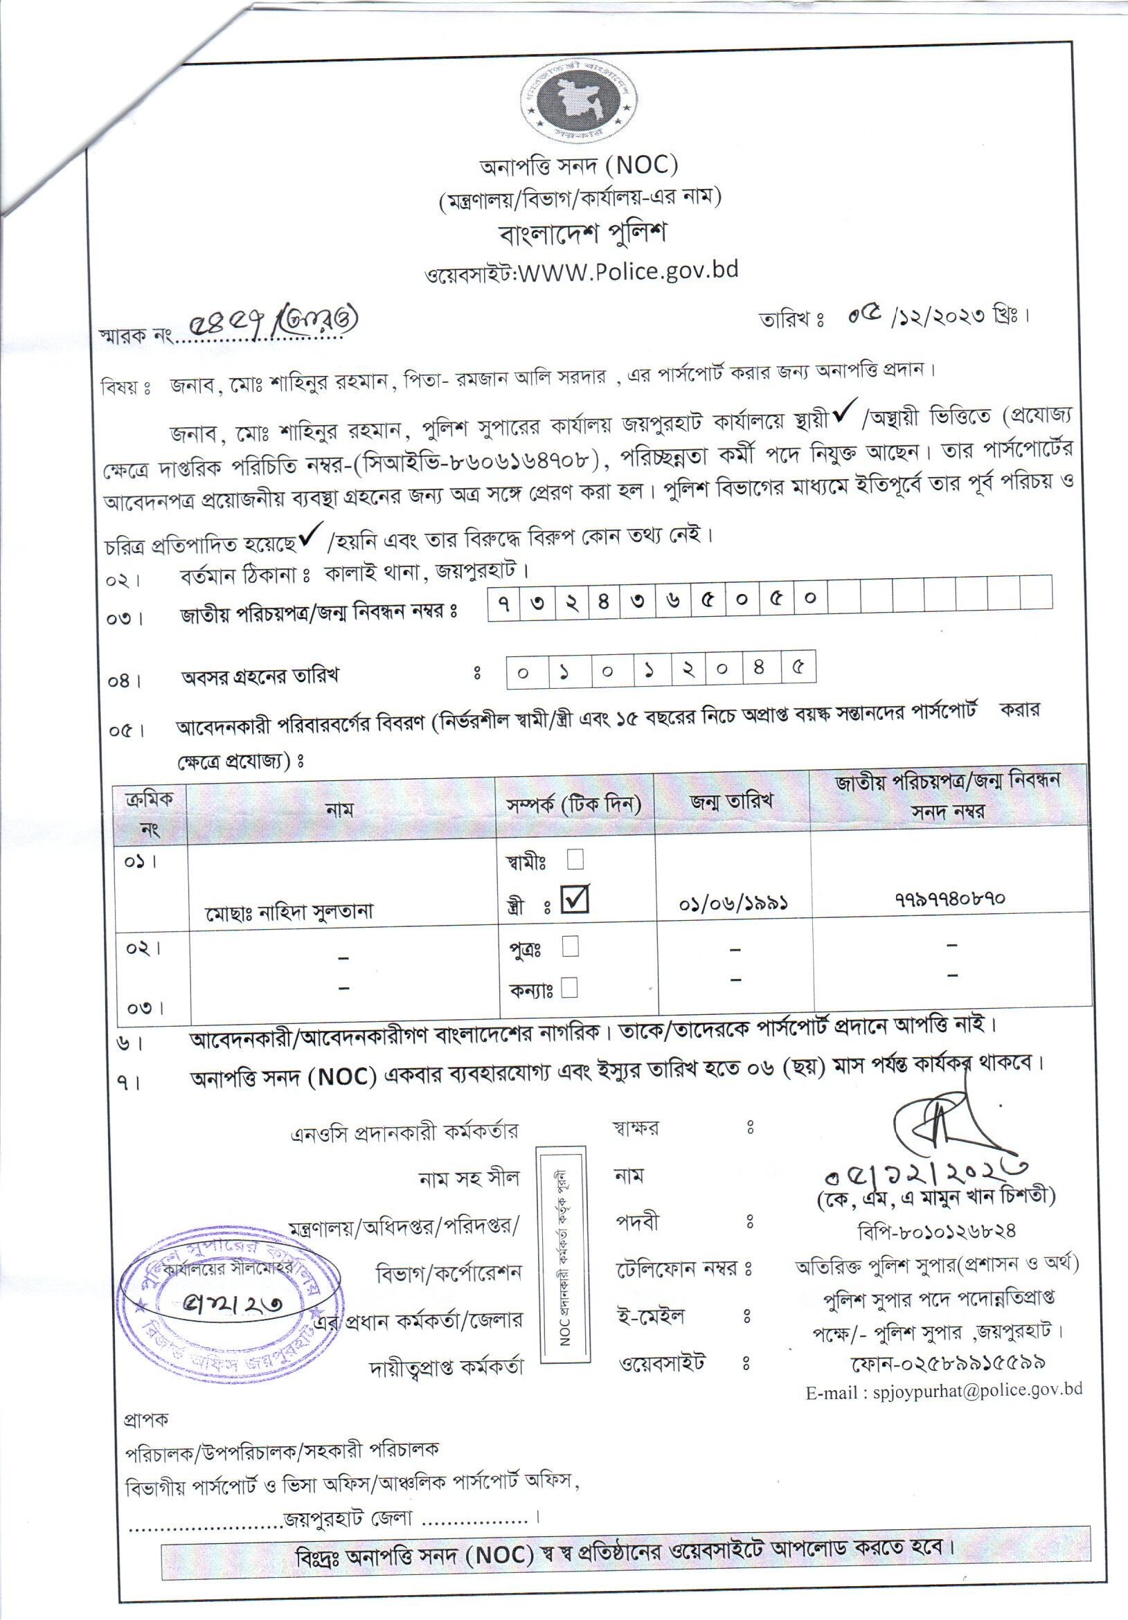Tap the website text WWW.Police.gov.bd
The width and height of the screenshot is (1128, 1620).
[x=628, y=271]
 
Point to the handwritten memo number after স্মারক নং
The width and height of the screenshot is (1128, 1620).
[x=271, y=323]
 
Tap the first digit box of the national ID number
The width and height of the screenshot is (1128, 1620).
[x=503, y=601]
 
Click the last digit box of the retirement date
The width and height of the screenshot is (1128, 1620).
[x=798, y=667]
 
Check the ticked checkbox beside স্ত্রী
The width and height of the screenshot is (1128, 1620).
[x=575, y=899]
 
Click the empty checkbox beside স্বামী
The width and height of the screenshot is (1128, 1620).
[x=575, y=858]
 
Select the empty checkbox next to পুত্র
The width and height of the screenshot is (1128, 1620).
[x=571, y=946]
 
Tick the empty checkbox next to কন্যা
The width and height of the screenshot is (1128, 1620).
[x=569, y=987]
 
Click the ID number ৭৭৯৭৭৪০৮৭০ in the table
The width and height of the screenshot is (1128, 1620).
[x=949, y=898]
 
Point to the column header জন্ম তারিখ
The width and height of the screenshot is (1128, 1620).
[x=731, y=801]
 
